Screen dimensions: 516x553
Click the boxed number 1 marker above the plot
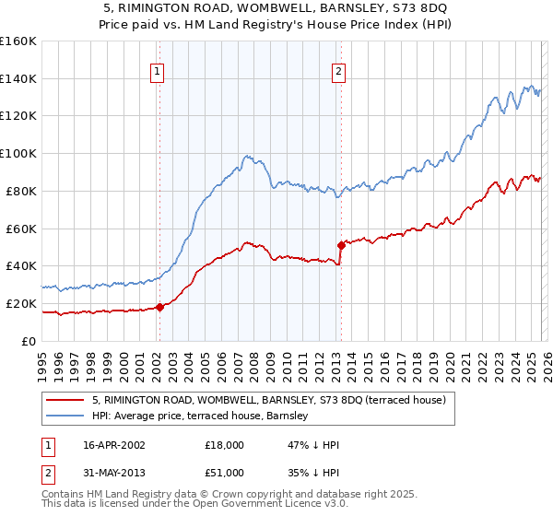click(159, 72)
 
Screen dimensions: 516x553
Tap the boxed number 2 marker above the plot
click(338, 72)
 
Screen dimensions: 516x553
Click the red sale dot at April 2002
click(159, 307)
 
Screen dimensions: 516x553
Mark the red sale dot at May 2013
click(341, 245)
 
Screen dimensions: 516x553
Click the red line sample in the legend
click(65, 400)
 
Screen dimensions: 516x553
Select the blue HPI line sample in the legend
click(65, 415)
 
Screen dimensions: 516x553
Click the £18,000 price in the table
click(225, 445)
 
